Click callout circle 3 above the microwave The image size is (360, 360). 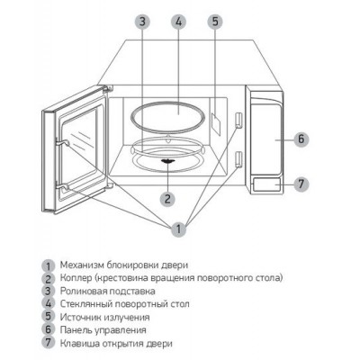142,22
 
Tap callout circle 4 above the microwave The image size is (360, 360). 178,22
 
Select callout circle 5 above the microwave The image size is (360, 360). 215,22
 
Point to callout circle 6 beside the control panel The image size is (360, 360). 301,139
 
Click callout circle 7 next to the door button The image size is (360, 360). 301,184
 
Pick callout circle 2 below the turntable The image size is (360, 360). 167,198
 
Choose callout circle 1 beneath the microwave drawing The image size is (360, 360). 178,229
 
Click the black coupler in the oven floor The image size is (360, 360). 167,161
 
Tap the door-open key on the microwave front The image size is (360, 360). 267,184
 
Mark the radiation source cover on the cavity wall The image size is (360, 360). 216,123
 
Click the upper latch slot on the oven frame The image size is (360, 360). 238,121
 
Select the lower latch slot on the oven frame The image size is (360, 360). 238,159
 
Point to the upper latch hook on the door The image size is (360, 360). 62,143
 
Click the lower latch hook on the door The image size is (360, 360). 62,187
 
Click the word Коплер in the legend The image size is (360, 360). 76,278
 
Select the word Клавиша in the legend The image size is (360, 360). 77,343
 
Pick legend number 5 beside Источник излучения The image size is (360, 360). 49,317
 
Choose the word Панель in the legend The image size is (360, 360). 76,330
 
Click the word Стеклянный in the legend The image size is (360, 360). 85,304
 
